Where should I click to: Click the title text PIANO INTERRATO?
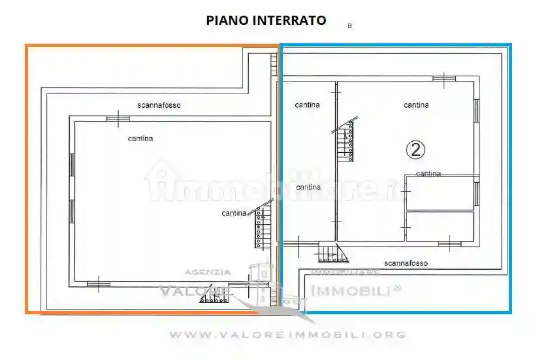(x=266, y=20)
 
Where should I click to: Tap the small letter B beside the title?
(x=349, y=26)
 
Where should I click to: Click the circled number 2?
(x=416, y=150)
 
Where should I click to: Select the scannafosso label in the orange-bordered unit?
(x=159, y=105)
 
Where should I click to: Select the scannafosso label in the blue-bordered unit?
(x=406, y=263)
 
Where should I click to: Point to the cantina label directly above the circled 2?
(x=416, y=105)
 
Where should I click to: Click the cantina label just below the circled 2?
(x=428, y=174)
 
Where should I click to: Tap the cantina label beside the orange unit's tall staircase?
(x=234, y=213)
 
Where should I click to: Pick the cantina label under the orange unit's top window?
(x=140, y=139)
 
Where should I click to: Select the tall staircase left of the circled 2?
(x=346, y=141)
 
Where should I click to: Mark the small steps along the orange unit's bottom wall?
(x=212, y=299)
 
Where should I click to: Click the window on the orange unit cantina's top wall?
(x=118, y=118)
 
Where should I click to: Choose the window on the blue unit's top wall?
(x=444, y=79)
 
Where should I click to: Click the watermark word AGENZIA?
(x=208, y=272)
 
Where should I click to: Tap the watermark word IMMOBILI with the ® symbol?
(x=356, y=290)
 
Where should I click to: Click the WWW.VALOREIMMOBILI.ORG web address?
(x=287, y=335)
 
